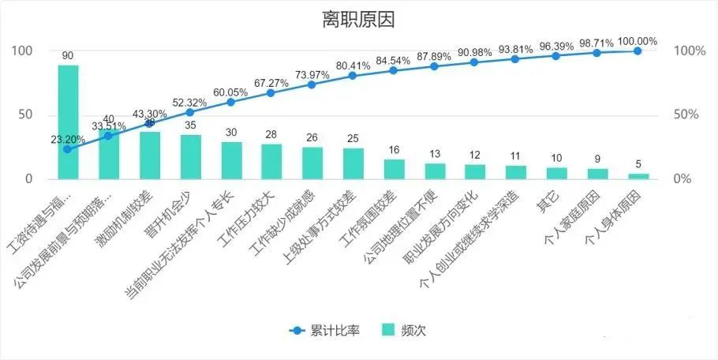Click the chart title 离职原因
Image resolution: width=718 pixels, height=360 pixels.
pyautogui.click(x=357, y=17)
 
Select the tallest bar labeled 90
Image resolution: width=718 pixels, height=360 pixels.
pyautogui.click(x=68, y=122)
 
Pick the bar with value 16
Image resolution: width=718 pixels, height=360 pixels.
pyautogui.click(x=394, y=169)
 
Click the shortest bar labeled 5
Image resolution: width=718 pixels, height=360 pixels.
pyautogui.click(x=638, y=176)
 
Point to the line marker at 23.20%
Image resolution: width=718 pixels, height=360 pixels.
pyautogui.click(x=68, y=149)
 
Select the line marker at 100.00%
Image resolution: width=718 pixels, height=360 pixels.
pyautogui.click(x=638, y=51)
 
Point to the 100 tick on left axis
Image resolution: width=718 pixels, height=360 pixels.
pyautogui.click(x=22, y=51)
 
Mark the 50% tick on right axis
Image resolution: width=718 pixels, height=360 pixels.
pyautogui.click(x=686, y=115)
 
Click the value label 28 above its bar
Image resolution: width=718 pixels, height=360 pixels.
pyautogui.click(x=271, y=135)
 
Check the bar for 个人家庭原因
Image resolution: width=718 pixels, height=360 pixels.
pyautogui.click(x=597, y=174)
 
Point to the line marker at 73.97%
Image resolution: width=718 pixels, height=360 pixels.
pyautogui.click(x=312, y=84)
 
